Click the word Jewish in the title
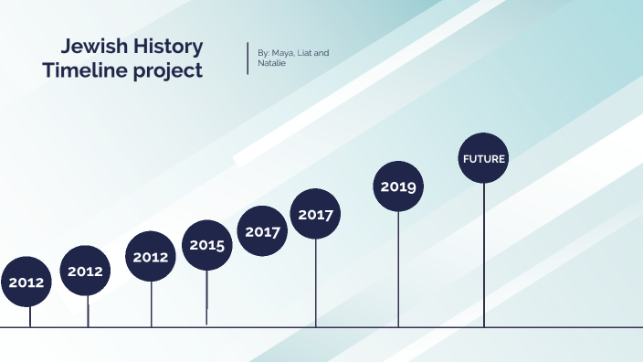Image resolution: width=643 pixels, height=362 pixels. point(92,47)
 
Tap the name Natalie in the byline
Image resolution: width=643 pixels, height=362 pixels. point(272,64)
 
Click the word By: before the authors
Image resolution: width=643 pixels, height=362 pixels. point(264,53)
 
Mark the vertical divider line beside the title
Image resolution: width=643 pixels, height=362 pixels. point(248,58)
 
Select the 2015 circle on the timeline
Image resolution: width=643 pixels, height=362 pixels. point(207,245)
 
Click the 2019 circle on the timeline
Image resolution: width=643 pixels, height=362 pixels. point(398,186)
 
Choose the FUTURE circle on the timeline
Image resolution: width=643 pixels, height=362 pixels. point(484,158)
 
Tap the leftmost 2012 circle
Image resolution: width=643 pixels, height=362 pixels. point(26,282)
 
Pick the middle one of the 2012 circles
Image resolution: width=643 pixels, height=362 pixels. point(85,271)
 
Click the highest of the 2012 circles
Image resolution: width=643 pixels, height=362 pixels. point(151,257)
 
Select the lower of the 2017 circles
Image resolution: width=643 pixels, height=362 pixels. point(263,231)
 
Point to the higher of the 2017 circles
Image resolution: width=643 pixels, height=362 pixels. point(316,215)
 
